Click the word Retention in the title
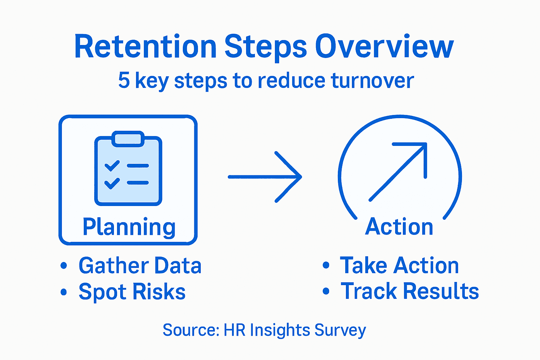coord(145,47)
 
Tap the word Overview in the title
coord(384,47)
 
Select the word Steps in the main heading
coord(266,47)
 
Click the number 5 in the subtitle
coord(124,81)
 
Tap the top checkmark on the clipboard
coord(112,166)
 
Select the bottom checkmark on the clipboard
coord(112,183)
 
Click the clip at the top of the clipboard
coord(128,139)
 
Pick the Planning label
coord(129,227)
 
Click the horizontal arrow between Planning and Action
coord(265,177)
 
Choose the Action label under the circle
coord(399,227)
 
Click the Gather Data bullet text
coord(140,265)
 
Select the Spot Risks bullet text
coord(132,292)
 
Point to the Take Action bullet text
coord(399,265)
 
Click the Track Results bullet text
coord(410,291)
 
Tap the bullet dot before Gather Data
coord(64,265)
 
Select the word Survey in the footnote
coord(340,330)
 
